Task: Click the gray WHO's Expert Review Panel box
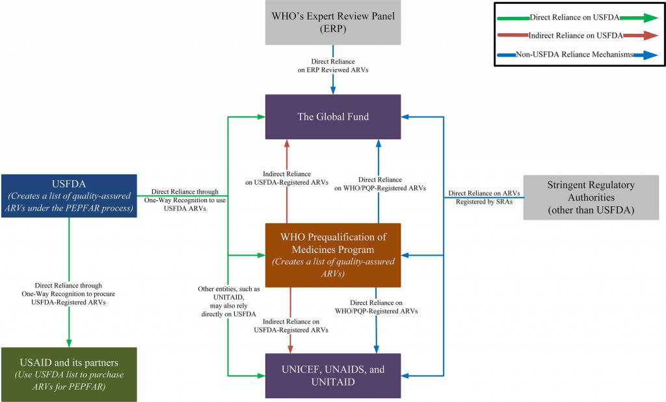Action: [333, 22]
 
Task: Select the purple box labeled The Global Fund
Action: [333, 116]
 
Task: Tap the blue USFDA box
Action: [69, 195]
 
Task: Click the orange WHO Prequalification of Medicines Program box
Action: [333, 254]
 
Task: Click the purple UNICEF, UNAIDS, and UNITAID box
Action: [333, 375]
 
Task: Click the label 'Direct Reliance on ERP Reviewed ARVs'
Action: [334, 65]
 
